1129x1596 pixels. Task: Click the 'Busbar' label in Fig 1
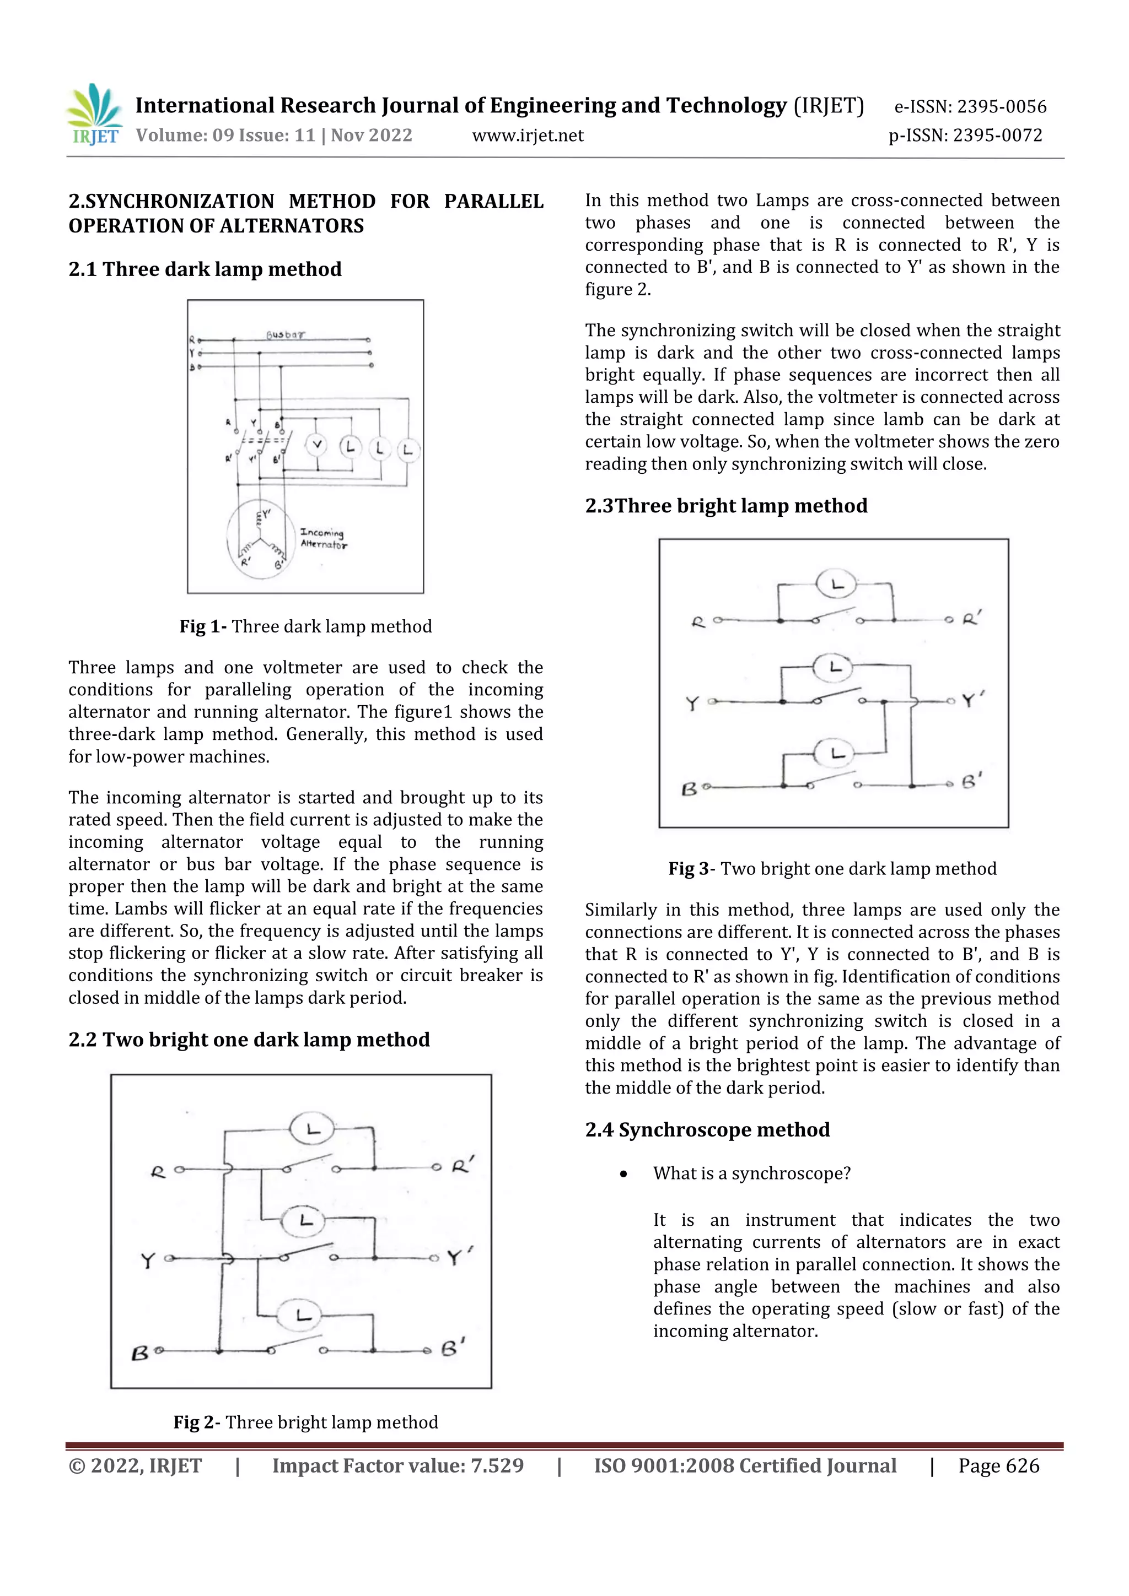(x=285, y=334)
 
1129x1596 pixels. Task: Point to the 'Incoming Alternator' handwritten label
(x=323, y=539)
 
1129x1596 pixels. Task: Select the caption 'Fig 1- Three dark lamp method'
(x=305, y=626)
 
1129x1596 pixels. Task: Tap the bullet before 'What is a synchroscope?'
(x=623, y=1174)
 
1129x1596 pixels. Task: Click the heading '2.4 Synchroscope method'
(x=707, y=1129)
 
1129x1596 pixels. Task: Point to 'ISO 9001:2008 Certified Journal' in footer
(x=744, y=1466)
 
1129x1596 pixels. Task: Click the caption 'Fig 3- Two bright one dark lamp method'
(x=832, y=868)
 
